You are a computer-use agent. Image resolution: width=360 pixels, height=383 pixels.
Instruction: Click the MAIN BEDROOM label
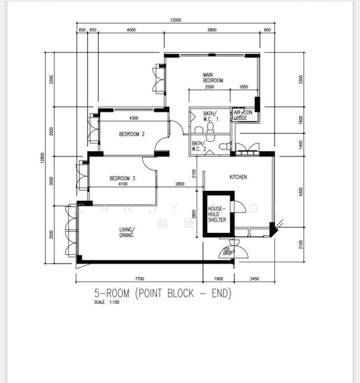pyautogui.click(x=213, y=77)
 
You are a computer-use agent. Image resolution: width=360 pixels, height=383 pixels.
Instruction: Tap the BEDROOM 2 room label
pyautogui.click(x=132, y=134)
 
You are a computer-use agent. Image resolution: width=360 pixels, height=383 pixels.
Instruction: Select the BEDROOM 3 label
pyautogui.click(x=122, y=178)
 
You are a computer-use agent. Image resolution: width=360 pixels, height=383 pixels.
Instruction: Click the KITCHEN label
pyautogui.click(x=238, y=177)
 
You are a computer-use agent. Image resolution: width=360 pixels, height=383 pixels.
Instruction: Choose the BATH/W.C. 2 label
pyautogui.click(x=200, y=146)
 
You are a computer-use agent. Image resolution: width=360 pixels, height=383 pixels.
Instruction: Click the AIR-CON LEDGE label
pyautogui.click(x=243, y=115)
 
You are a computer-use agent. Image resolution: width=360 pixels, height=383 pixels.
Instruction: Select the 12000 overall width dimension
pyautogui.click(x=176, y=20)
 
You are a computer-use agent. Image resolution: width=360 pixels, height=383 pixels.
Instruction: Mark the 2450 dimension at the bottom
pyautogui.click(x=254, y=278)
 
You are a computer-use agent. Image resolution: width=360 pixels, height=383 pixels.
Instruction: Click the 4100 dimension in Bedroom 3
pyautogui.click(x=123, y=184)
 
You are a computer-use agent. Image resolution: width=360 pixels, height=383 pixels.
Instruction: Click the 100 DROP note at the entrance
pyautogui.click(x=225, y=252)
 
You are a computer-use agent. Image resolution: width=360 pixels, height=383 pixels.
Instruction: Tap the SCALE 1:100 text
pyautogui.click(x=107, y=302)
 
